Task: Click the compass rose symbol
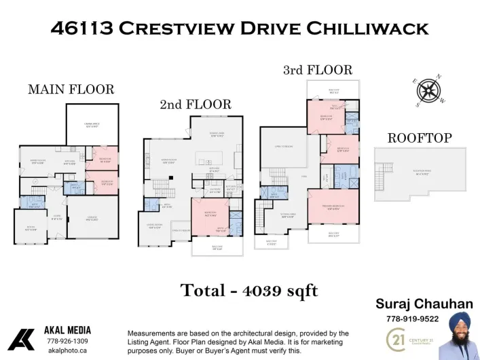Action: pos(430,91)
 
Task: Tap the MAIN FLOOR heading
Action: pos(71,90)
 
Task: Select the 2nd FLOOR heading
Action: pos(196,105)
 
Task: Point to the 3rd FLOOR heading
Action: pos(318,70)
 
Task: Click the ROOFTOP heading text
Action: pos(419,138)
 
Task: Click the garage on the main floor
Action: pos(92,219)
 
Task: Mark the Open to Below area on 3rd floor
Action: pos(283,147)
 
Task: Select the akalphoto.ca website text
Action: pos(67,350)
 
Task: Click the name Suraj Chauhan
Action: pos(424,304)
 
